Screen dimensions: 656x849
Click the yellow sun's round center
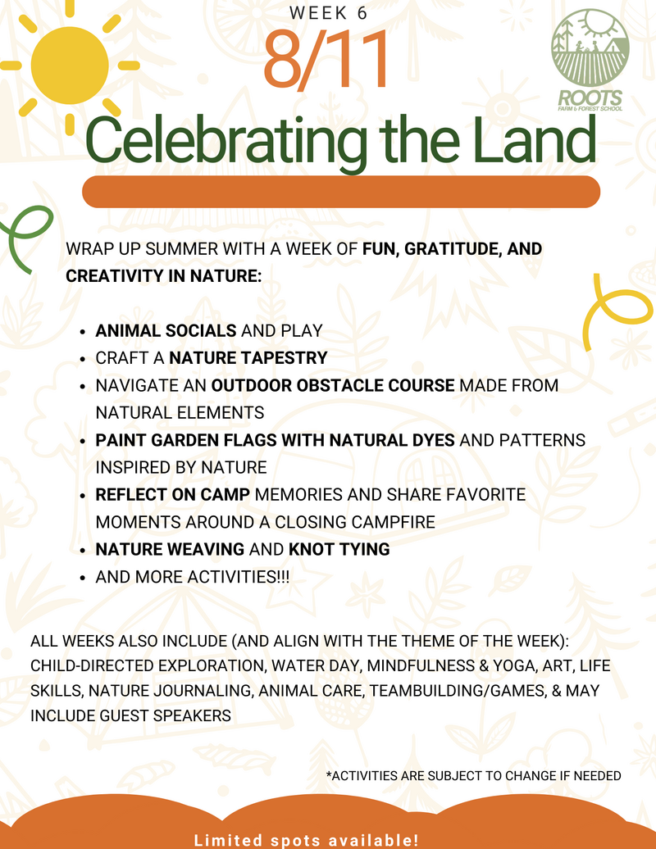coord(70,65)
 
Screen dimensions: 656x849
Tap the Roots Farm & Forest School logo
coord(590,60)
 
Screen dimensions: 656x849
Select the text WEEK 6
coord(328,12)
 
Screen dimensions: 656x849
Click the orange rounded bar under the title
coord(341,192)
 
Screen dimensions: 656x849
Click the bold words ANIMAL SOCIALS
coord(166,331)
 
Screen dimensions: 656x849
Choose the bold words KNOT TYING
coord(339,550)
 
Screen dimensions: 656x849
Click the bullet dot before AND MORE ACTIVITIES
coord(82,578)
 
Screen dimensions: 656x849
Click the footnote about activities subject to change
coord(473,776)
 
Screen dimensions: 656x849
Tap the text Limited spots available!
coord(307,840)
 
